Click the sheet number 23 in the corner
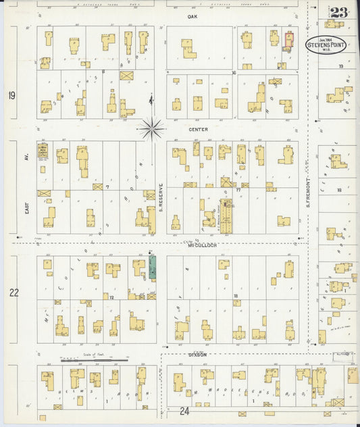pyautogui.click(x=339, y=13)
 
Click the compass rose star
pyautogui.click(x=152, y=126)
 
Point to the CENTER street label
pyautogui.click(x=199, y=128)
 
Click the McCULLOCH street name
pyautogui.click(x=202, y=245)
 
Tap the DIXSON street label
pyautogui.click(x=197, y=353)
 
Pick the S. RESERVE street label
pyautogui.click(x=161, y=197)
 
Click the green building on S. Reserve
pyautogui.click(x=153, y=268)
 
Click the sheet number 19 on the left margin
pyautogui.click(x=12, y=96)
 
